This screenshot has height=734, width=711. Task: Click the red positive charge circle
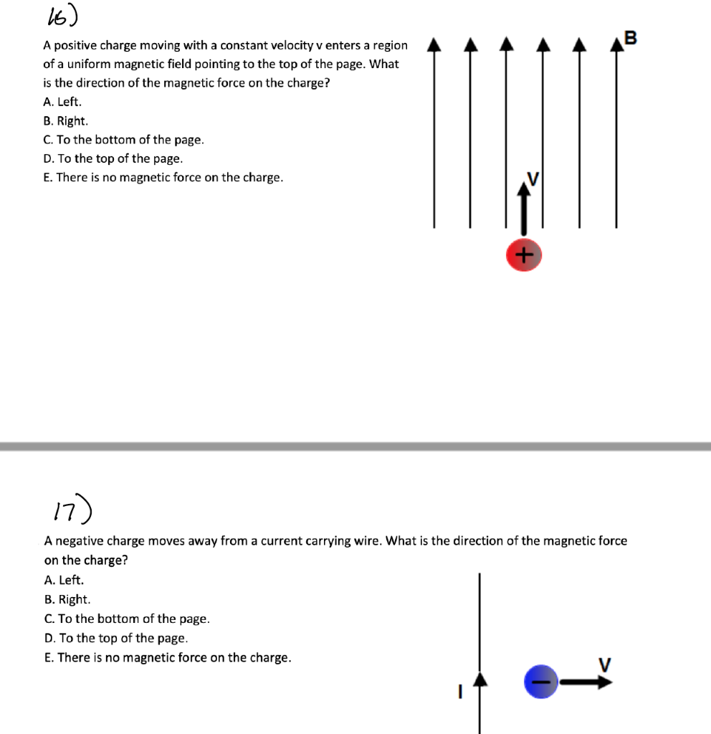pyautogui.click(x=523, y=256)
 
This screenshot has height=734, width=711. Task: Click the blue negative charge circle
pyautogui.click(x=541, y=682)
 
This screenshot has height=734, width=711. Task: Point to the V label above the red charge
pyautogui.click(x=532, y=177)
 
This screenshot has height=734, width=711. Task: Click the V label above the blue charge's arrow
pyautogui.click(x=605, y=664)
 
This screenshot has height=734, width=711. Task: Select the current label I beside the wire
pyautogui.click(x=461, y=692)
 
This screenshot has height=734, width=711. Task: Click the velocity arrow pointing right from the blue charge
pyautogui.click(x=586, y=682)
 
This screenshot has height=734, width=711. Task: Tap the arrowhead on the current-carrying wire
pyautogui.click(x=481, y=677)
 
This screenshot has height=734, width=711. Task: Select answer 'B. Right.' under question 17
pyautogui.click(x=67, y=599)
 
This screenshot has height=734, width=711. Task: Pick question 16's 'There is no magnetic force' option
pyautogui.click(x=163, y=177)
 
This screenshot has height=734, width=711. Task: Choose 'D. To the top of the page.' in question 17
pyautogui.click(x=116, y=638)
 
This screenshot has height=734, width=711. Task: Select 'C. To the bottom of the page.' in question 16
pyautogui.click(x=123, y=140)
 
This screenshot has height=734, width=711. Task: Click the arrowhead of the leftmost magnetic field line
pyautogui.click(x=434, y=47)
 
